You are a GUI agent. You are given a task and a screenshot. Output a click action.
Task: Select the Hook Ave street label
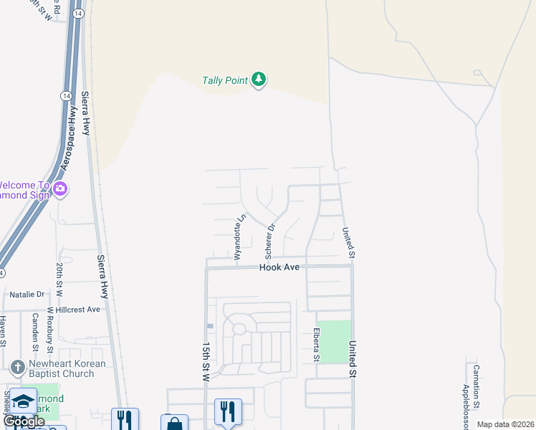pos(279,267)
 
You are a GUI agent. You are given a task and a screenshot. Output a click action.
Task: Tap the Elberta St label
pos(315,345)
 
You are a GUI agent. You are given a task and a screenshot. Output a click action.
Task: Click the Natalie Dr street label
pos(27,295)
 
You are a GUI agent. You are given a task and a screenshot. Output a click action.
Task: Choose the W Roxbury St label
pos(50,330)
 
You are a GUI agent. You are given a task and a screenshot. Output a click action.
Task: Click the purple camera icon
pos(60,189)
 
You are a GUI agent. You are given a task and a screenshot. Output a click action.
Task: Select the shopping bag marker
pos(174,423)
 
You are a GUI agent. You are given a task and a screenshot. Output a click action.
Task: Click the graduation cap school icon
pos(23,401)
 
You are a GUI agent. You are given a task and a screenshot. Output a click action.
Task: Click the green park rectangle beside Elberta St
pos(334,341)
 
